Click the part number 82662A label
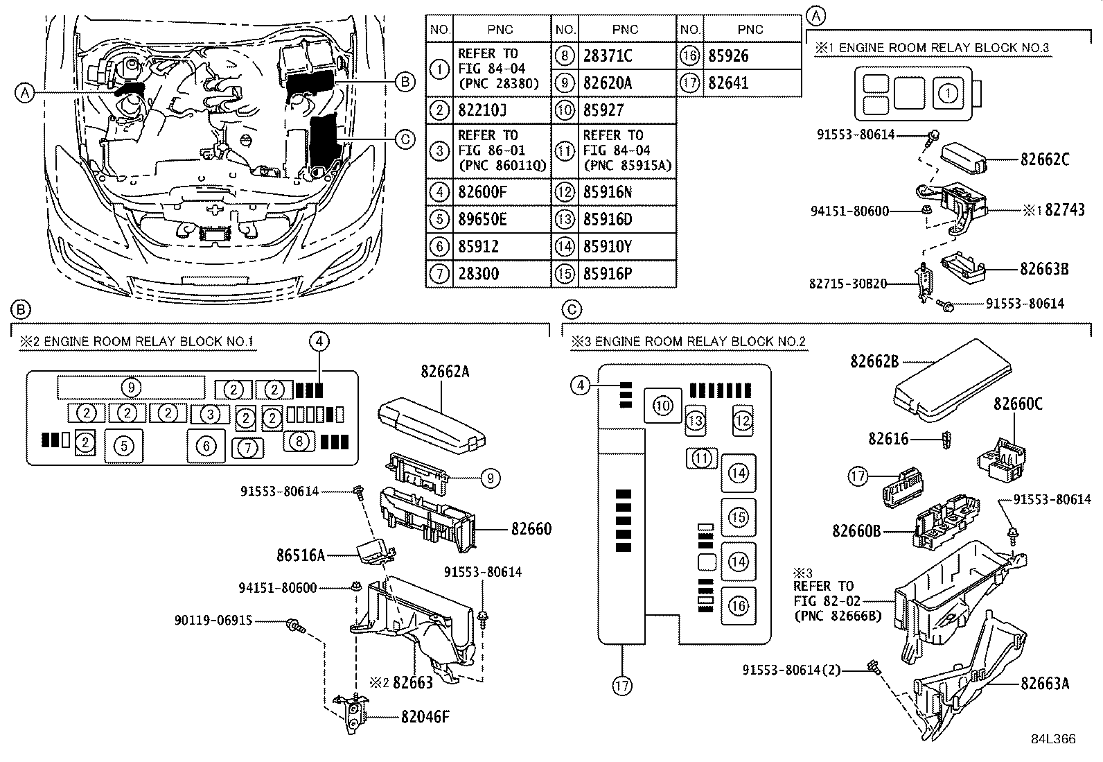pyautogui.click(x=445, y=372)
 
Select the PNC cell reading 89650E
pyautogui.click(x=482, y=220)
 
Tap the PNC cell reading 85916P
pyautogui.click(x=607, y=274)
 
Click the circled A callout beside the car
pyautogui.click(x=25, y=92)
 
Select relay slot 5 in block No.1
pyautogui.click(x=124, y=446)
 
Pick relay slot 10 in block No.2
pyautogui.click(x=663, y=406)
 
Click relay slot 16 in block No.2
pyautogui.click(x=739, y=606)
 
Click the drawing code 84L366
pyautogui.click(x=1052, y=739)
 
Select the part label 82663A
pyautogui.click(x=1044, y=684)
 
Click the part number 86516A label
pyautogui.click(x=301, y=555)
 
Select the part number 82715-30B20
pyautogui.click(x=848, y=284)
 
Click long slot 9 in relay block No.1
pyautogui.click(x=131, y=387)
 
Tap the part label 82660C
pyautogui.click(x=1018, y=404)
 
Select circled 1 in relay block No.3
pyautogui.click(x=950, y=92)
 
